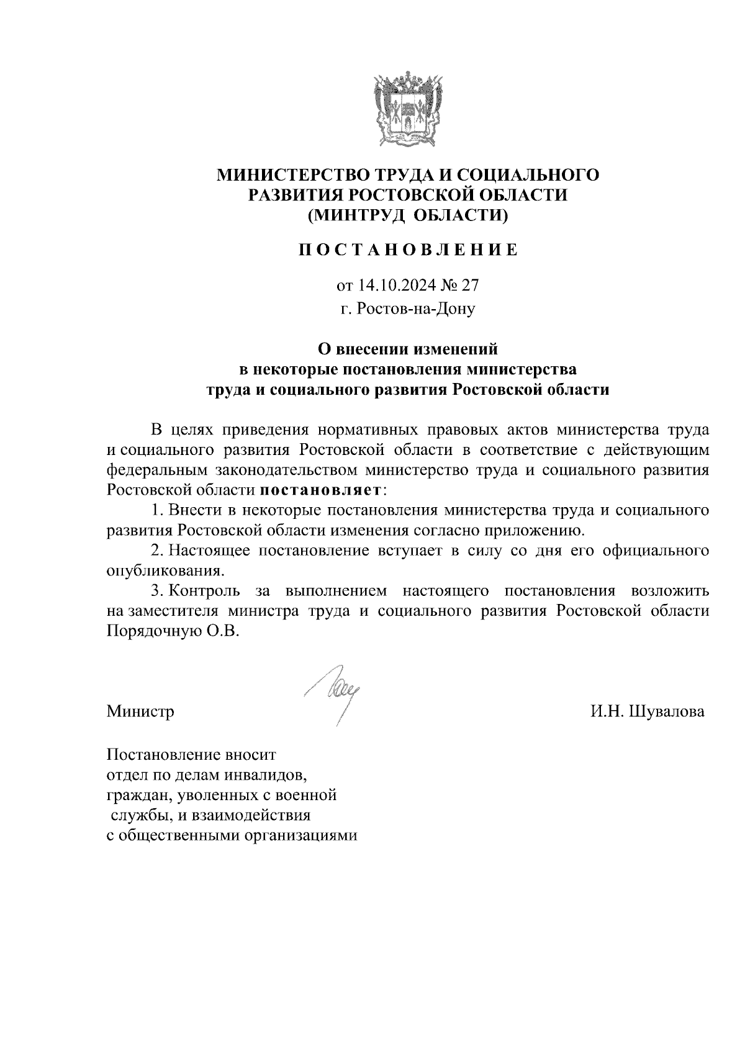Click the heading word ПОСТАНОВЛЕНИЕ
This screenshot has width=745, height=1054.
(x=408, y=250)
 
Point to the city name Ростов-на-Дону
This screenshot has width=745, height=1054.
(x=408, y=308)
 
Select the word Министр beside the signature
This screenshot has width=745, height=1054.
(x=140, y=711)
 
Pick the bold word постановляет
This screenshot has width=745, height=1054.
(x=320, y=490)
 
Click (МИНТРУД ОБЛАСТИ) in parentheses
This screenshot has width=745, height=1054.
(x=408, y=215)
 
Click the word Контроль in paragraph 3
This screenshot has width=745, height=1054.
(x=203, y=590)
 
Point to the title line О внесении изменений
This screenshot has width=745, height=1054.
(x=408, y=349)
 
